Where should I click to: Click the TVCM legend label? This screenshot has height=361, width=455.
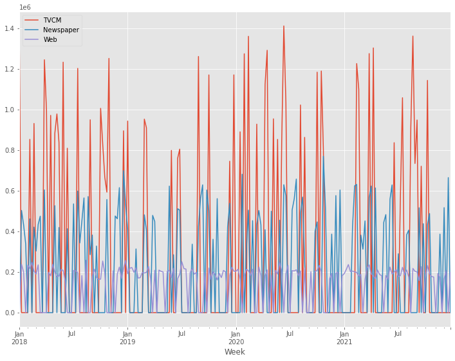pos(52,20)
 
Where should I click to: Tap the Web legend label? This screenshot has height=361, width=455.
pos(50,39)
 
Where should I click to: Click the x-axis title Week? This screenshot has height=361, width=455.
pos(234,352)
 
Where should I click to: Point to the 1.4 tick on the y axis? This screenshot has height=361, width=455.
pos(9,28)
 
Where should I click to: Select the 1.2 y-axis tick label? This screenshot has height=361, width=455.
pos(9,69)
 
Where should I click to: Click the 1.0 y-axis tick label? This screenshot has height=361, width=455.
pos(9,110)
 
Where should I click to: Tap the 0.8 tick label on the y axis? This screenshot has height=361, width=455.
pos(9,150)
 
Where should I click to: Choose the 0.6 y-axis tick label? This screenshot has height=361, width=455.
pos(9,191)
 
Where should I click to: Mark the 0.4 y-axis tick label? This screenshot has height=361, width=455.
pos(9,231)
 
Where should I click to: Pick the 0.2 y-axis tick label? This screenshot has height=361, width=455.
pos(9,272)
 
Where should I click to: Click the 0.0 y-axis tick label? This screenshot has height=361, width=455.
pos(9,313)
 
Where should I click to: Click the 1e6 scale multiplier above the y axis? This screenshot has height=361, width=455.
pos(25,7)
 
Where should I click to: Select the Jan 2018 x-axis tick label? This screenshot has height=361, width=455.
pos(19,337)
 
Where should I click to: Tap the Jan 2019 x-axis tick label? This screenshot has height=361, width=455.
pos(127,337)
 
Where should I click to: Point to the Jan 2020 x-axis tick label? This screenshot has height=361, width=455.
pos(236,337)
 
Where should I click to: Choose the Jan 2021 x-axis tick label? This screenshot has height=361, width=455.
pos(344,337)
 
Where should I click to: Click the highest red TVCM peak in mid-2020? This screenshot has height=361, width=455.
pos(283,26)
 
